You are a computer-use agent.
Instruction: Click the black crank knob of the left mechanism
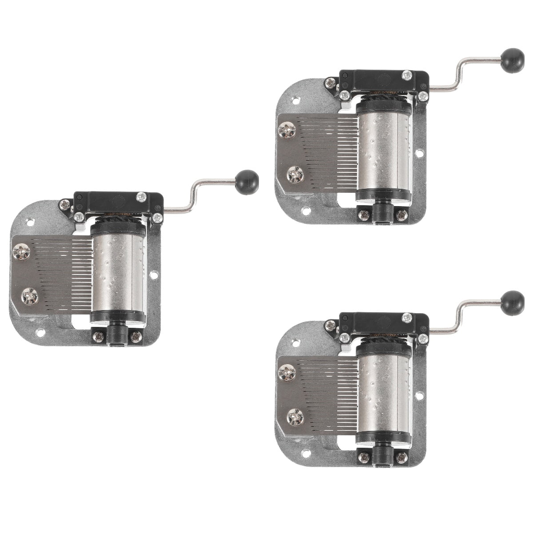[x=247, y=182]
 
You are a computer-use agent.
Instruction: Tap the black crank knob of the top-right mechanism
[x=512, y=60]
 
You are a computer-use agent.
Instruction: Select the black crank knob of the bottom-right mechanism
[x=512, y=303]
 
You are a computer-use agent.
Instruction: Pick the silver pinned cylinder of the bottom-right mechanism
[x=384, y=393]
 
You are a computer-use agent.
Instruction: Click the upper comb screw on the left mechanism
[x=21, y=252]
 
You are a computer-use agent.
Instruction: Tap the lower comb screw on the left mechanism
[x=30, y=296]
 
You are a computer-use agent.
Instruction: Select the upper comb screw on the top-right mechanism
[x=287, y=130]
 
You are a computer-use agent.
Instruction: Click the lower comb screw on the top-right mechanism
[x=295, y=174]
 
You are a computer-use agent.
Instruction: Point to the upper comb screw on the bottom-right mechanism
[x=287, y=372]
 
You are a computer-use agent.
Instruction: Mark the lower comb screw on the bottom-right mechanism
[x=295, y=417]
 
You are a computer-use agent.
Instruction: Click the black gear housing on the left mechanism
[x=118, y=202]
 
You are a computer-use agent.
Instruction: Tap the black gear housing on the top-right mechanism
[x=384, y=80]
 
